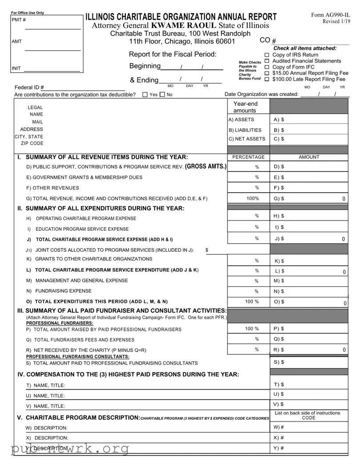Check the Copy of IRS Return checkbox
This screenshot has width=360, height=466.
(267, 55)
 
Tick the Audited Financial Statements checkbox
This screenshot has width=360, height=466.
(267, 61)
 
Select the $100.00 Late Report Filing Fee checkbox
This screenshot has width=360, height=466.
(267, 79)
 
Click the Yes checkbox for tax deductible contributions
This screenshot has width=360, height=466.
(145, 95)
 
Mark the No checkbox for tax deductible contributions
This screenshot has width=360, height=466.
(162, 95)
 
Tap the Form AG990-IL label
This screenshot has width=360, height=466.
(330, 15)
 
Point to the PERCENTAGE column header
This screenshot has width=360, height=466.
(248, 157)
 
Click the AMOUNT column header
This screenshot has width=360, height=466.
(309, 157)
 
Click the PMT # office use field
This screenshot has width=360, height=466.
(52, 25)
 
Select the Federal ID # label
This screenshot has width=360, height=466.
(29, 88)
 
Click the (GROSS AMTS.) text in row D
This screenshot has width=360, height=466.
(205, 166)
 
